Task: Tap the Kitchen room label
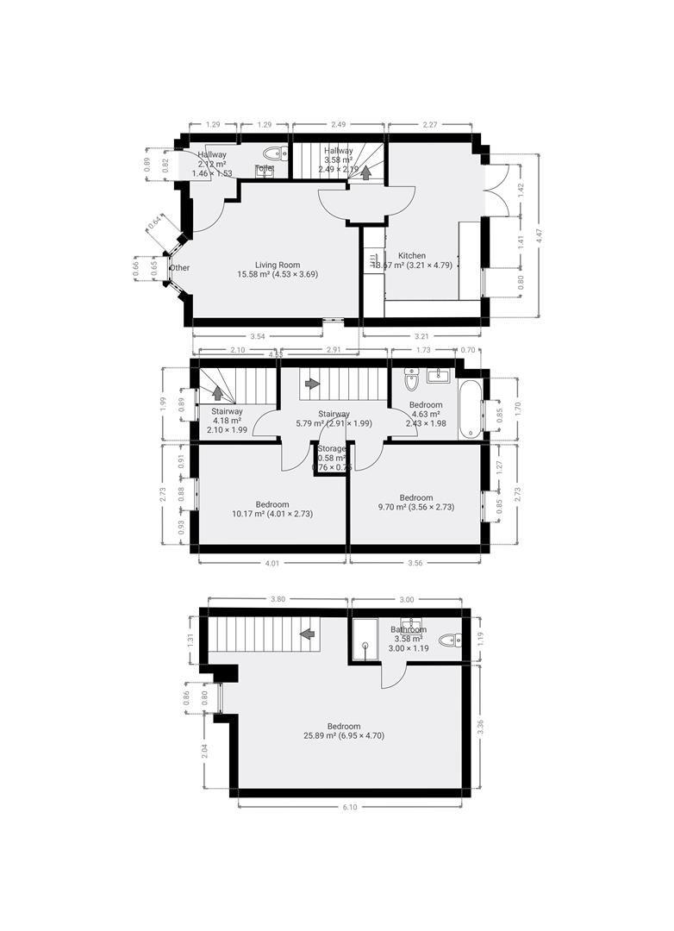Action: click(x=411, y=256)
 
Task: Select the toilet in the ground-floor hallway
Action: click(x=265, y=170)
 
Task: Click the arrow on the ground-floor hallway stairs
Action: click(x=365, y=172)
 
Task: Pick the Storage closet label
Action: click(x=332, y=449)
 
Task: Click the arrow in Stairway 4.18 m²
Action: click(x=218, y=392)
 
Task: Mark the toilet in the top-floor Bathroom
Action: click(x=451, y=640)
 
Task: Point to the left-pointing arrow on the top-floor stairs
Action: click(x=306, y=634)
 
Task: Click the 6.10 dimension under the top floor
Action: click(x=348, y=807)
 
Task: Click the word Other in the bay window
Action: click(x=180, y=268)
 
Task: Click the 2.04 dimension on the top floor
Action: click(x=204, y=750)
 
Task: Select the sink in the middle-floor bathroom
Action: click(x=440, y=375)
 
